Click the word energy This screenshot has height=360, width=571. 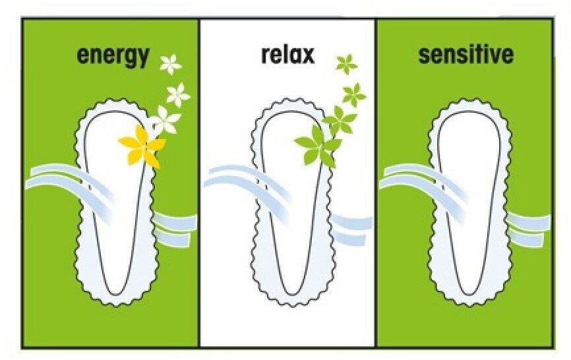click(x=113, y=56)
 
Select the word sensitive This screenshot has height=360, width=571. click(x=466, y=55)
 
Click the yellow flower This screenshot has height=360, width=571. click(x=141, y=144)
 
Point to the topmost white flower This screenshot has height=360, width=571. click(x=171, y=63)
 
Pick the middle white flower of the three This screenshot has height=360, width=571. click(x=178, y=94)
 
